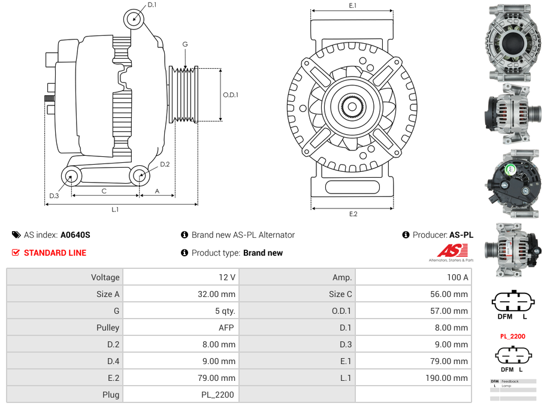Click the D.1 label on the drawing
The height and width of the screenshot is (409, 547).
point(152,5)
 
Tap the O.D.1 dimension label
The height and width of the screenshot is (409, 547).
point(231,95)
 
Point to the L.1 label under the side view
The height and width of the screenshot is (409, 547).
point(115,210)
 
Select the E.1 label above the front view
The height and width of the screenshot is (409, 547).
point(353,5)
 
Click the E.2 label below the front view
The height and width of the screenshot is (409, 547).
point(353,214)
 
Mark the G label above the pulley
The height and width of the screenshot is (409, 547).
point(185,44)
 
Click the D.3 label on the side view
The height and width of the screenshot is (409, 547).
point(54,196)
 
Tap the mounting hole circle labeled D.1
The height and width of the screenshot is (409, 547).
point(135,19)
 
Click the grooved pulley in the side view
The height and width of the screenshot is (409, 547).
point(184,94)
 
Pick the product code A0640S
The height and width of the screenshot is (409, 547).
point(75,235)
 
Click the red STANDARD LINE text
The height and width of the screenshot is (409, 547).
point(55,253)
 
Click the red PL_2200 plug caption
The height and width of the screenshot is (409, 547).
point(512,337)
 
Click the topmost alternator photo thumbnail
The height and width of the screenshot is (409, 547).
point(512,43)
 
